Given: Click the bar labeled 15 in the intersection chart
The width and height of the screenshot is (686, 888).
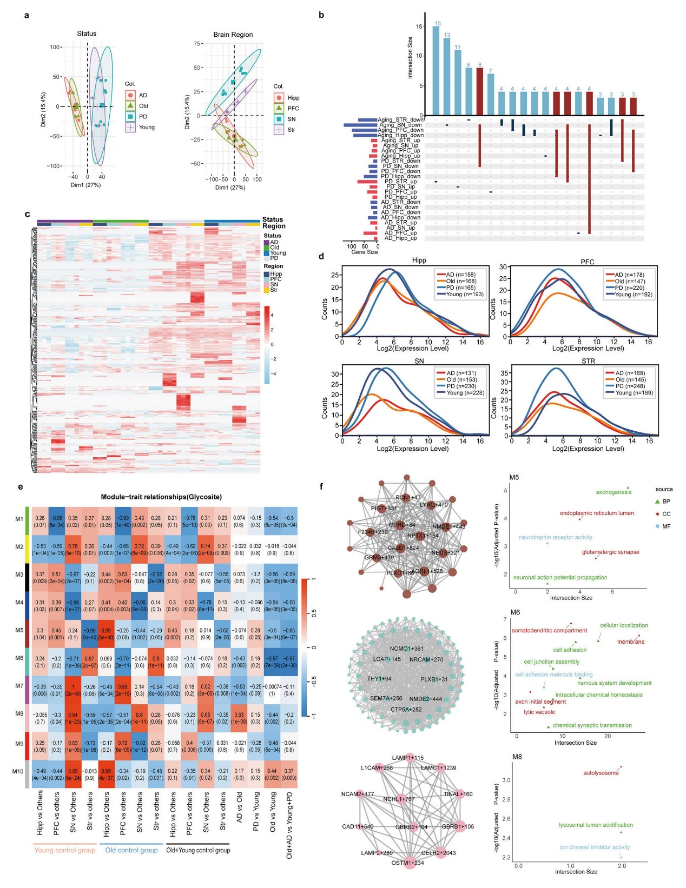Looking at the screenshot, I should click(x=436, y=70).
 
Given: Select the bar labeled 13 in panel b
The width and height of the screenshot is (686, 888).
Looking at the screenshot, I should click(x=447, y=76).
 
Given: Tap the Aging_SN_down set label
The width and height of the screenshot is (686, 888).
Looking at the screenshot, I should click(x=400, y=125).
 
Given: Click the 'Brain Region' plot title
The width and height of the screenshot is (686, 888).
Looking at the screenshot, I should click(x=233, y=35).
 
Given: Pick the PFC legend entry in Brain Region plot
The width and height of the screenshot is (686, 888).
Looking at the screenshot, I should click(x=293, y=109).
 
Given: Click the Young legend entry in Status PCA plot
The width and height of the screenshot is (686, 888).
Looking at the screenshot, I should click(x=147, y=128).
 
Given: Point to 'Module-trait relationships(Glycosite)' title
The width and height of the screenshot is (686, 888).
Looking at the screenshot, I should click(x=161, y=497).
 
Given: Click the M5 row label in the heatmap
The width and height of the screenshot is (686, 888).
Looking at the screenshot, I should click(x=19, y=630).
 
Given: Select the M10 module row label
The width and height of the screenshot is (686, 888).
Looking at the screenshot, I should click(x=18, y=771).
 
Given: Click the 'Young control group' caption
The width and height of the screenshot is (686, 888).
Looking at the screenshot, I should click(x=64, y=850).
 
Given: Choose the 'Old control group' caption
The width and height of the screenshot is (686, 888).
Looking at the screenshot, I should click(x=131, y=850).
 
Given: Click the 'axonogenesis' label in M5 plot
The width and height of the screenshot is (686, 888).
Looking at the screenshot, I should click(x=614, y=492).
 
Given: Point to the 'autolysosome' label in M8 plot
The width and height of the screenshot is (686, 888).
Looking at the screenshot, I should click(x=601, y=773).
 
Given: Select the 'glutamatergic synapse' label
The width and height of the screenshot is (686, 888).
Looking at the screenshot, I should click(x=610, y=552).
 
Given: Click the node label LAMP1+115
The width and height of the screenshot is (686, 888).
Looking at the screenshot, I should click(x=407, y=758).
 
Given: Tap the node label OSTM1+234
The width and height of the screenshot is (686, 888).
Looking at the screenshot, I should click(x=407, y=863).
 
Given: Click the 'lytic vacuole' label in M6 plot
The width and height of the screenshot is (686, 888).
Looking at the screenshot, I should click(x=539, y=712).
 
